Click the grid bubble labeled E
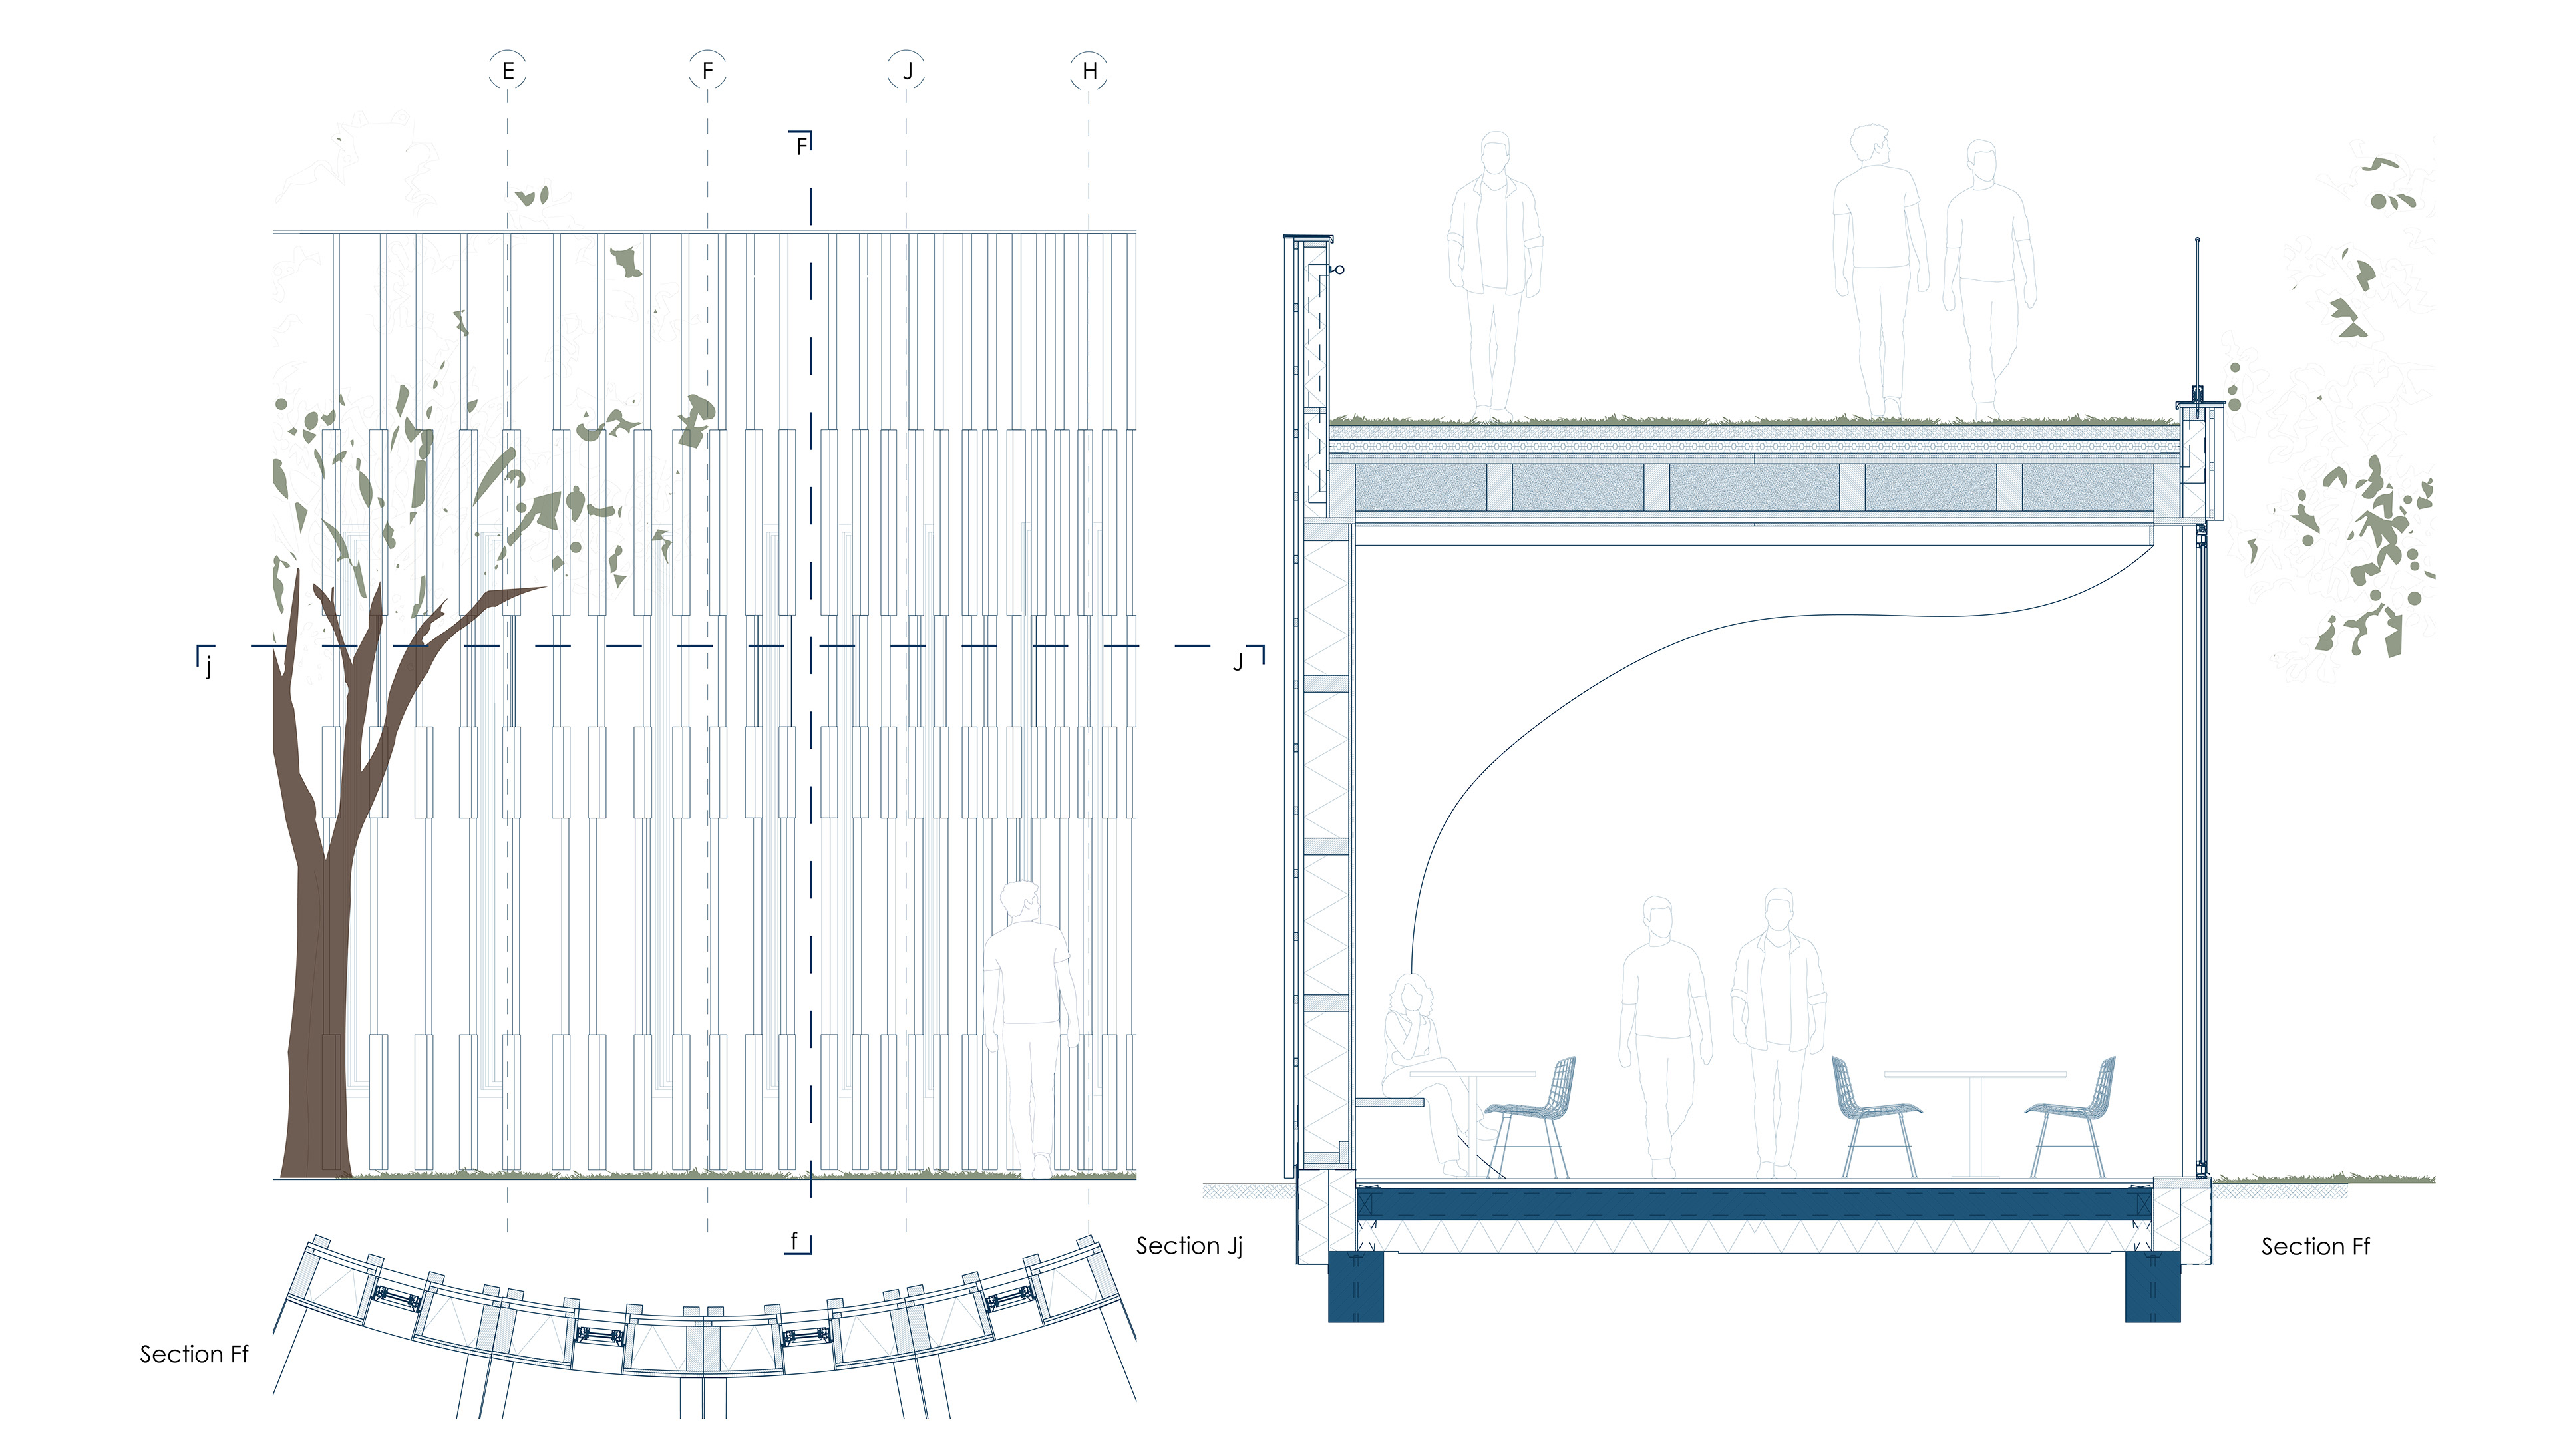[x=507, y=71]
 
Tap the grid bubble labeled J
[x=907, y=71]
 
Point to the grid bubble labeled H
[x=1089, y=71]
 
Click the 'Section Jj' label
[x=1188, y=1246]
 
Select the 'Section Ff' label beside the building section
[x=2314, y=1246]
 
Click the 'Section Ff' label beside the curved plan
[x=194, y=1354]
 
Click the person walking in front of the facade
[x=1029, y=1019]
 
